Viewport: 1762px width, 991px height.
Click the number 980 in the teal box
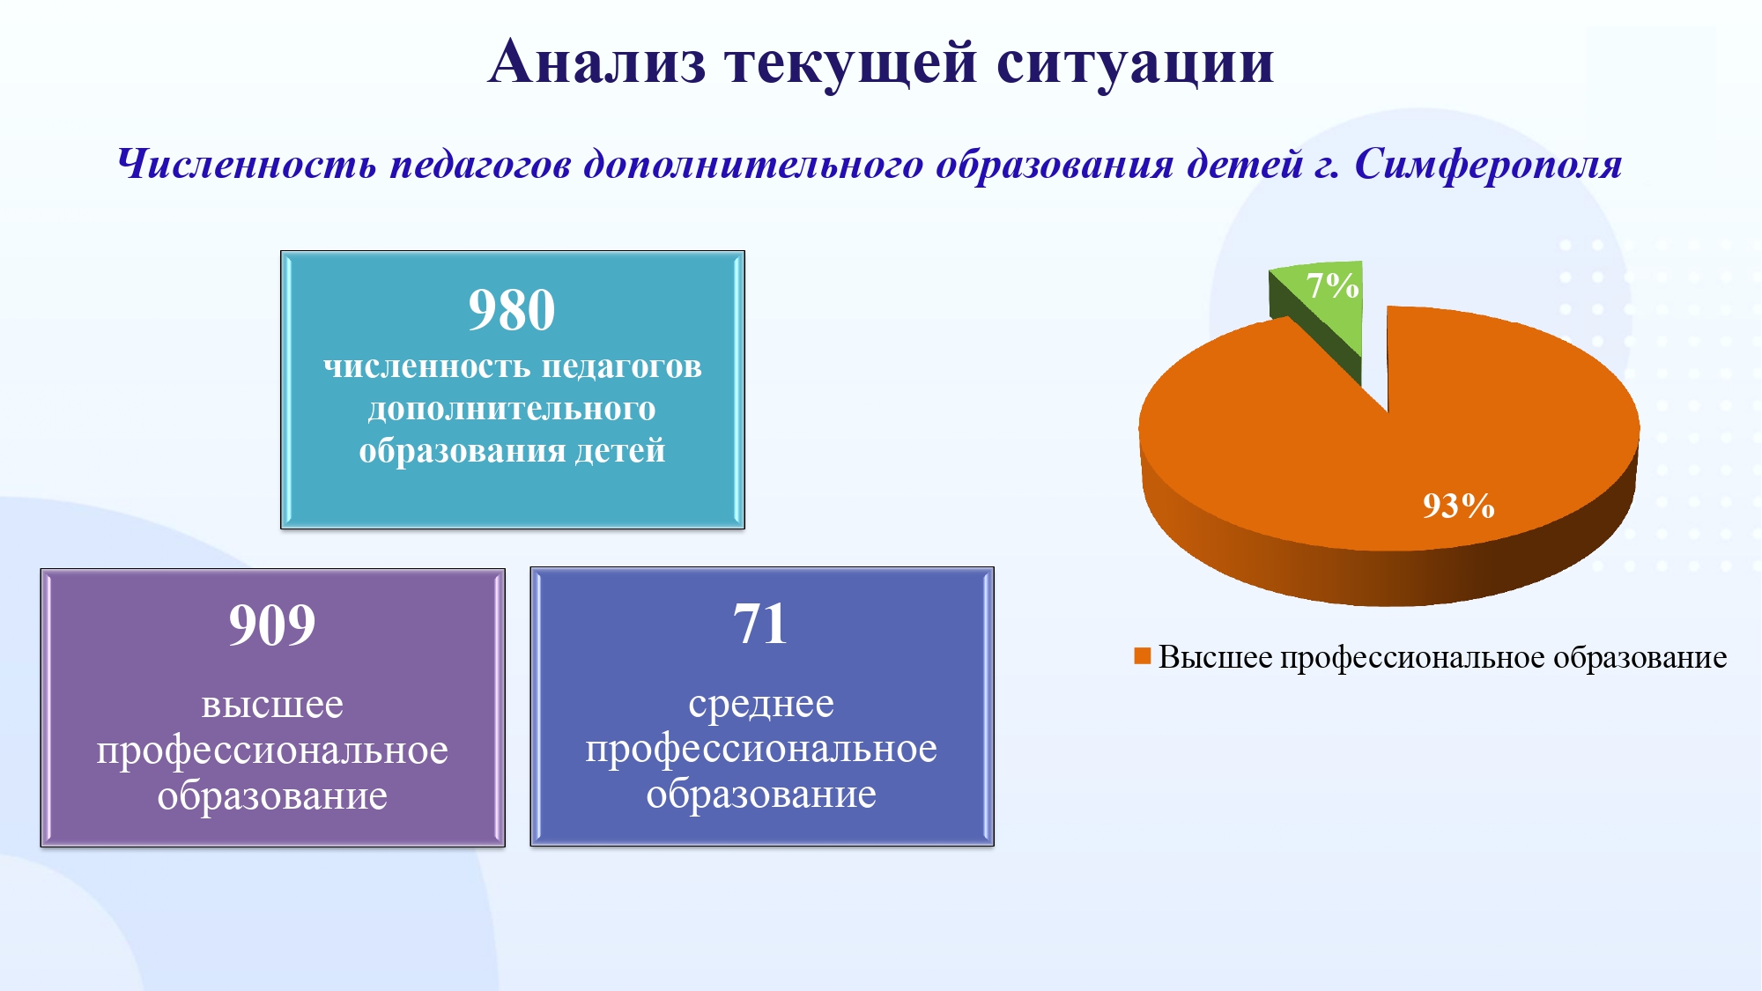click(x=512, y=310)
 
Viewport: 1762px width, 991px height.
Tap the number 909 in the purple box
click(x=272, y=625)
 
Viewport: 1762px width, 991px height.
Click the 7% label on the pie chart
click(x=1332, y=285)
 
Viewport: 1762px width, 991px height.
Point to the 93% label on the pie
click(x=1459, y=506)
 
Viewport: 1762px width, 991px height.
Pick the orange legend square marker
click(x=1143, y=656)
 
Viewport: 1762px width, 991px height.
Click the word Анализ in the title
click(x=597, y=63)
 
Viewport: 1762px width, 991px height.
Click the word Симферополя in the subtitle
click(x=1488, y=165)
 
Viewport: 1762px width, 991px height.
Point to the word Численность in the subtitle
click(x=247, y=164)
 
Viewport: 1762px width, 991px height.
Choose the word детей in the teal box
click(x=620, y=451)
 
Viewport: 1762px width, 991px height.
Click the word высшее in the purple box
click(x=272, y=705)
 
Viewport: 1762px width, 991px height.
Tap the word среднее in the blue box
click(x=761, y=705)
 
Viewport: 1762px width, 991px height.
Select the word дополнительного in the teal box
click(x=512, y=410)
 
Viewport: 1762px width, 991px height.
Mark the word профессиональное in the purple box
click(x=272, y=751)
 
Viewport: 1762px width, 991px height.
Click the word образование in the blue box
click(x=761, y=795)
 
